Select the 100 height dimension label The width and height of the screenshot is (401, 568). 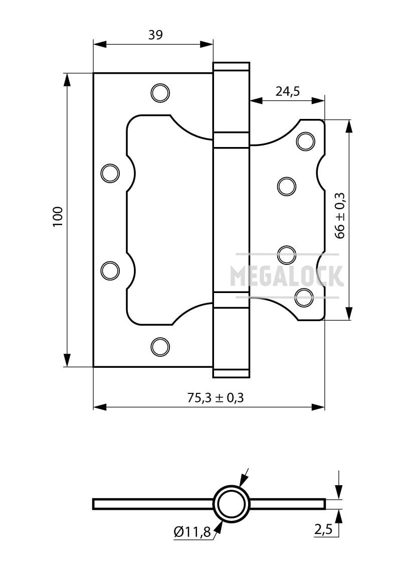pos(58,216)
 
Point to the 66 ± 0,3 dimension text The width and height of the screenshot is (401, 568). pos(341,216)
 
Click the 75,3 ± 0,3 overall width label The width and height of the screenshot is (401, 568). pos(215,398)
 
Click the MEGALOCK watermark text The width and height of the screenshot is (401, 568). pos(286,275)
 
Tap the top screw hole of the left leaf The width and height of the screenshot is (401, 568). pos(160,92)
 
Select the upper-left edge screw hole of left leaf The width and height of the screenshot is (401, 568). pos(110,173)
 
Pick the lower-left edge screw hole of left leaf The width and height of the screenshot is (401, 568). pos(110,270)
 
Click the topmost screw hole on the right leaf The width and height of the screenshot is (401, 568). pos(305,141)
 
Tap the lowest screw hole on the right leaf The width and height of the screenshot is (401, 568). pos(304,298)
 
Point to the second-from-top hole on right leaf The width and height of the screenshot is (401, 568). pos(287,186)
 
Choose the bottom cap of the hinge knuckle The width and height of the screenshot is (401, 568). pos(231,373)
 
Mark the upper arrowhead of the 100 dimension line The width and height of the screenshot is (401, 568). pos(67,80)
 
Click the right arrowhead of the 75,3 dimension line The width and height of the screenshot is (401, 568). pos(318,407)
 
